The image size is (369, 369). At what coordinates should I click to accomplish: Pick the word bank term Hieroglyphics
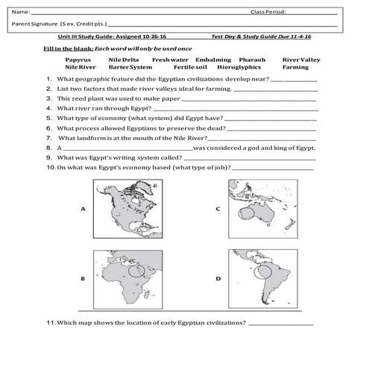239,66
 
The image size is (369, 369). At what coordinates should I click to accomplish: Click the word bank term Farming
295,66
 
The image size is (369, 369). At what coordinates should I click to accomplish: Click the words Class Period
268,12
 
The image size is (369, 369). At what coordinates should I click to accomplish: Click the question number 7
48,138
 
